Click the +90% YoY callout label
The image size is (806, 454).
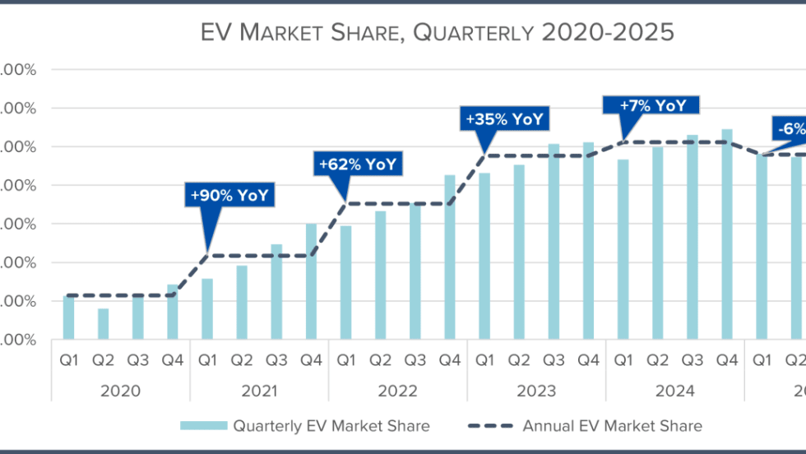tap(229, 196)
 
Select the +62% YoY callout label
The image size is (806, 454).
tap(356, 164)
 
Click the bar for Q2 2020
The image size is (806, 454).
tap(103, 324)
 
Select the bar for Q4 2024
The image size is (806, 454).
tap(727, 234)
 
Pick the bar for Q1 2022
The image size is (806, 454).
tap(345, 282)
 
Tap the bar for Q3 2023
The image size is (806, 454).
tap(554, 242)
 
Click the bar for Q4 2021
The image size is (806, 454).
tap(311, 281)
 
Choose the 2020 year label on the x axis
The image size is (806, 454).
tap(120, 391)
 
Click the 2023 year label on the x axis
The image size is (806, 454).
tap(536, 391)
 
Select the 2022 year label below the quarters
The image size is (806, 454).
tap(397, 391)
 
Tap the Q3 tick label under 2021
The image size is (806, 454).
tap(276, 360)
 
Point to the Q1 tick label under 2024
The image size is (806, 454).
tap(623, 360)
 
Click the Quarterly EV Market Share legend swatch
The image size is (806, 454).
tap(202, 426)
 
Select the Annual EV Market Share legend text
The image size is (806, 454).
tap(612, 426)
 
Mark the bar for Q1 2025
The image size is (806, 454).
tap(762, 248)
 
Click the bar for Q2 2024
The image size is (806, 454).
tap(657, 243)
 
